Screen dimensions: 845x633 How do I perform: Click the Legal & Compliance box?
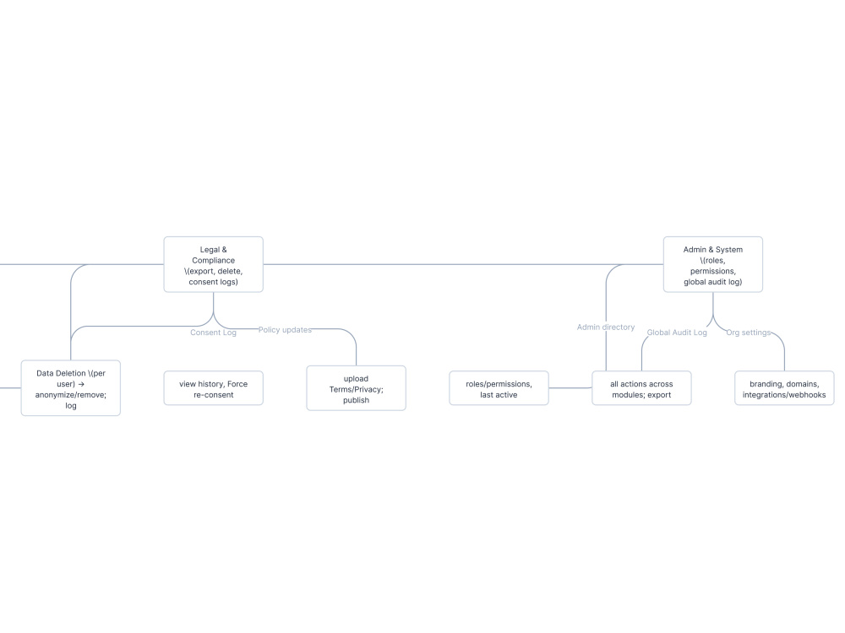tap(214, 264)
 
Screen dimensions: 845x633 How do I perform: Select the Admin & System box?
tap(713, 264)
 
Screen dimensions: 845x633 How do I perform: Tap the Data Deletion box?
tap(71, 388)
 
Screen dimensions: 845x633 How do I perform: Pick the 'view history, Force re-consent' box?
tap(214, 388)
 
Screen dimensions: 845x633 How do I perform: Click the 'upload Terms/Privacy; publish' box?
tap(357, 388)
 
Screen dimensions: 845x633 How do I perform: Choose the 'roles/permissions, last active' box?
tap(499, 388)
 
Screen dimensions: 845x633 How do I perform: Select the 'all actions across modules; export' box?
tap(641, 388)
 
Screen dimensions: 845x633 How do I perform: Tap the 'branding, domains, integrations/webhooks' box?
tap(784, 388)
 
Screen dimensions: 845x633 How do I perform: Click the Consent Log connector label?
tap(214, 333)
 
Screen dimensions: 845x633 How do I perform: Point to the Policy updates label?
tap(285, 330)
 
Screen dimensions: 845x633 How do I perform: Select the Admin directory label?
tap(606, 327)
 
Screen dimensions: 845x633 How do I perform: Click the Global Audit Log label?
tap(677, 333)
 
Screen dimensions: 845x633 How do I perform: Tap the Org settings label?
tap(749, 333)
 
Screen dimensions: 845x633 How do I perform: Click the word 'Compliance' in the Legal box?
tap(214, 261)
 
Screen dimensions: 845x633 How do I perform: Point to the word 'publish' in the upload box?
tap(357, 400)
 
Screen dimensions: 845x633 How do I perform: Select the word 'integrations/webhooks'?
tap(784, 395)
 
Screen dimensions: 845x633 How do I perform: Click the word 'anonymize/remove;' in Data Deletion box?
tap(71, 395)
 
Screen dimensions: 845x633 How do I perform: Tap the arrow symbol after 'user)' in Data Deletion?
tap(81, 384)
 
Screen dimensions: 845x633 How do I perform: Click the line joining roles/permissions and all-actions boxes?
tap(570, 388)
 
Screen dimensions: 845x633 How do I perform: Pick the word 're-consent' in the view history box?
tap(214, 395)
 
